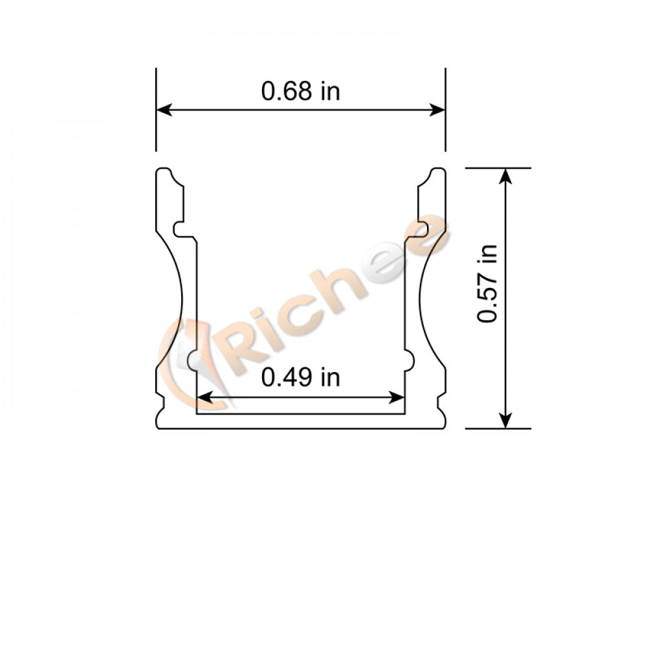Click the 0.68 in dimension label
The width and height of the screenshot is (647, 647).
pos(300,91)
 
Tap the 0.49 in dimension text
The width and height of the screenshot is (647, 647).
pos(300,377)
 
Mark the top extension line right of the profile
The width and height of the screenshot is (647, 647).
pos(498,168)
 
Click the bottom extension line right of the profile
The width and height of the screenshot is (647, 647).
pos(498,428)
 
